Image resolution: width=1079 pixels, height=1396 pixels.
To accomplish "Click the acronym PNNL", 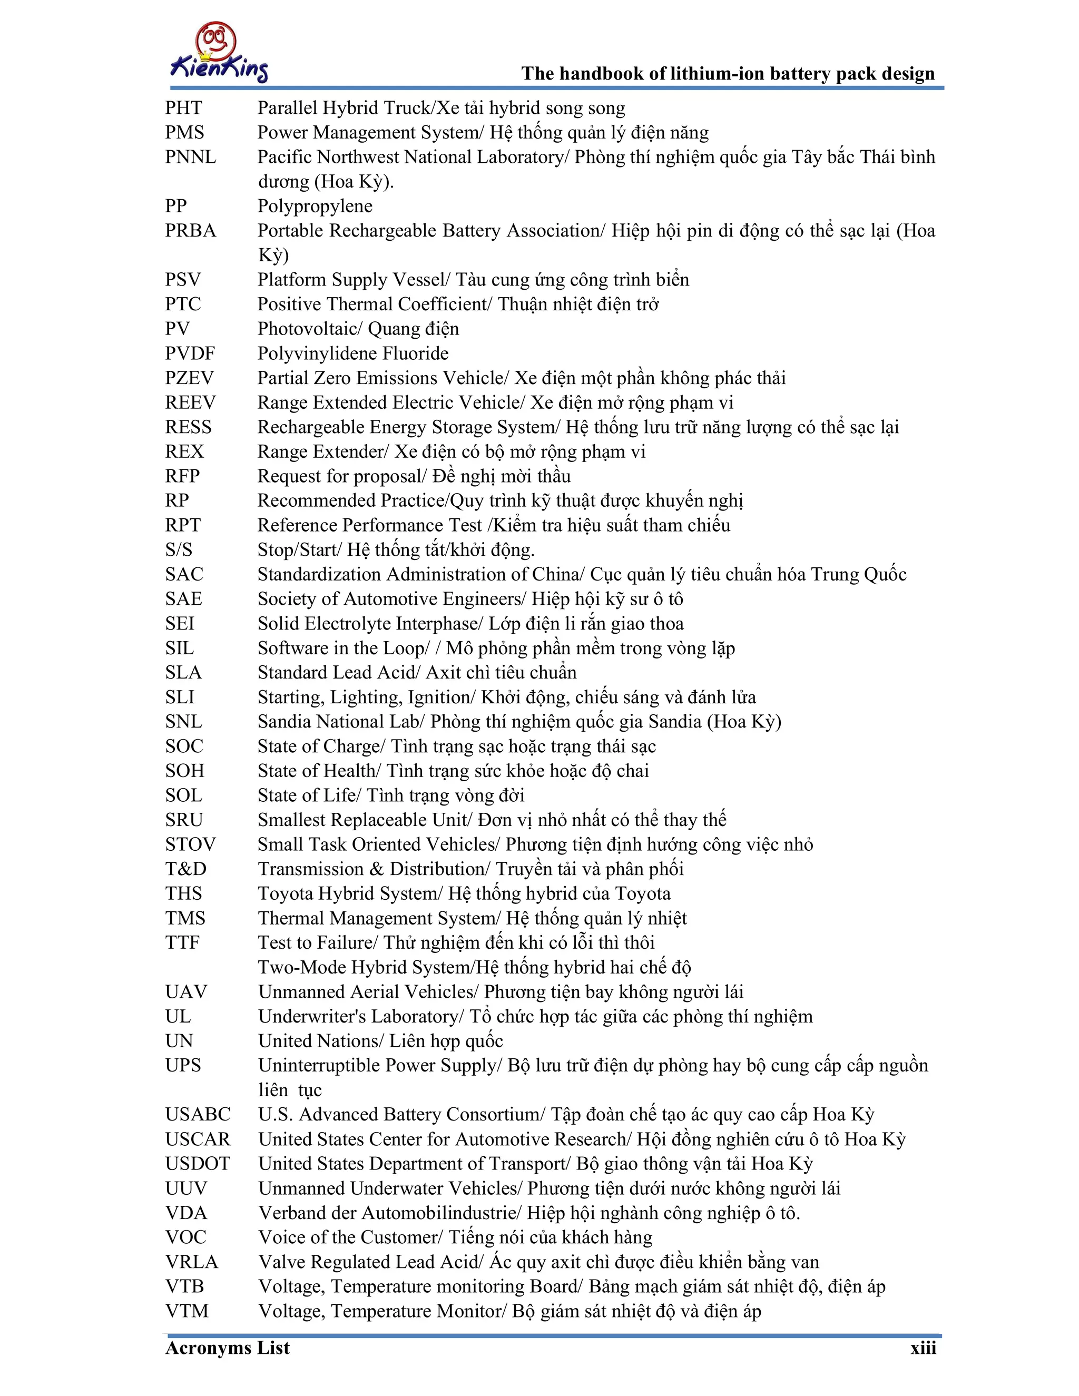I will point(191,157).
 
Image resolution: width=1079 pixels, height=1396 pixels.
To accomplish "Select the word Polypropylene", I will point(315,207).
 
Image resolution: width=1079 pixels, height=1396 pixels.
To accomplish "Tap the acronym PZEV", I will point(189,378).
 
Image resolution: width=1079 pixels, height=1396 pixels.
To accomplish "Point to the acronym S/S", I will point(179,549).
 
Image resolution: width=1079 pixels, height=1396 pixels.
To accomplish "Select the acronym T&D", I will point(185,869).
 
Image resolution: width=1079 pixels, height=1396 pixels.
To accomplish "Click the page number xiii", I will point(923,1349).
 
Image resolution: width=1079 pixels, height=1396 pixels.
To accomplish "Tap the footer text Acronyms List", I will point(227,1349).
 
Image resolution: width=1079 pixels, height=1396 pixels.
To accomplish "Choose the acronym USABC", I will point(198,1115).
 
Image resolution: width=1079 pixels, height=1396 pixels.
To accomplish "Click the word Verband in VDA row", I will point(297,1213).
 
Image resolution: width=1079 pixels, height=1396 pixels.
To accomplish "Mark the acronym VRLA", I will point(191,1262).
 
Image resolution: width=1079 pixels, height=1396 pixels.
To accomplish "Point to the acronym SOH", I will point(185,771).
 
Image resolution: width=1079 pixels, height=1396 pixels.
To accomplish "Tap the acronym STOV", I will point(190,844).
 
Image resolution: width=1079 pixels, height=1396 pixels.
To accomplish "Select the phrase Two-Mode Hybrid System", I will point(365,968).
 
